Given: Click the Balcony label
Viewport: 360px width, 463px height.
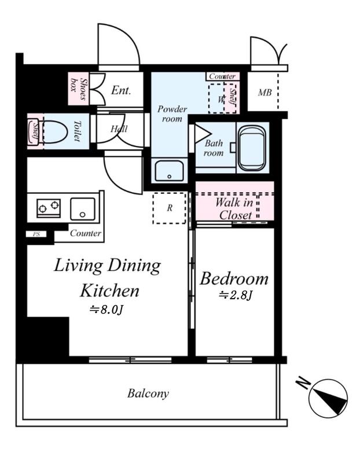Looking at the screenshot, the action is [148, 394].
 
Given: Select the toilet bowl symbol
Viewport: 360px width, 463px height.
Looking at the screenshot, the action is [56, 132].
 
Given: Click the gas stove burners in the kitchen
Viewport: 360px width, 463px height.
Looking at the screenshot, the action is [49, 208].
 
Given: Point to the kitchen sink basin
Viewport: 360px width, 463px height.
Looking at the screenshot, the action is [82, 209].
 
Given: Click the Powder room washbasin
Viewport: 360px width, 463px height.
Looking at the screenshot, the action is [169, 171].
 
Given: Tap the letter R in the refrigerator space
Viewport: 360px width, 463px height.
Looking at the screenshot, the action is [170, 208].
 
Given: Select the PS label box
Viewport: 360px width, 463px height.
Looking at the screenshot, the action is [36, 234].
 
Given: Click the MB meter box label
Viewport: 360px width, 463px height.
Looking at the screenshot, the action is [265, 93].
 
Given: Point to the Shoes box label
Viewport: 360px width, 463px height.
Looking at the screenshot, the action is [79, 89].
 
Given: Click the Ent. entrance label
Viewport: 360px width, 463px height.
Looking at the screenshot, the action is [121, 90].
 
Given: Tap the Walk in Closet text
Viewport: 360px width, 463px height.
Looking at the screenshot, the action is [235, 209].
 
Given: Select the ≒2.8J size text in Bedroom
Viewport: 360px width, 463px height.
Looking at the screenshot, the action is [235, 295].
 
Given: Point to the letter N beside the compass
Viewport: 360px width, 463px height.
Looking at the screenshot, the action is [303, 383].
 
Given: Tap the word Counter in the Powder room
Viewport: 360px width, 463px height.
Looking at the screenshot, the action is [222, 76].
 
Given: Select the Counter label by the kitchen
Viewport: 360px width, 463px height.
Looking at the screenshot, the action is [86, 233].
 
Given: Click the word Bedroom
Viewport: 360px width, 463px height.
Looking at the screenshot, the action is [234, 278].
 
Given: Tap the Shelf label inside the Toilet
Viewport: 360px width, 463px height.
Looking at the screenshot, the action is [35, 132].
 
